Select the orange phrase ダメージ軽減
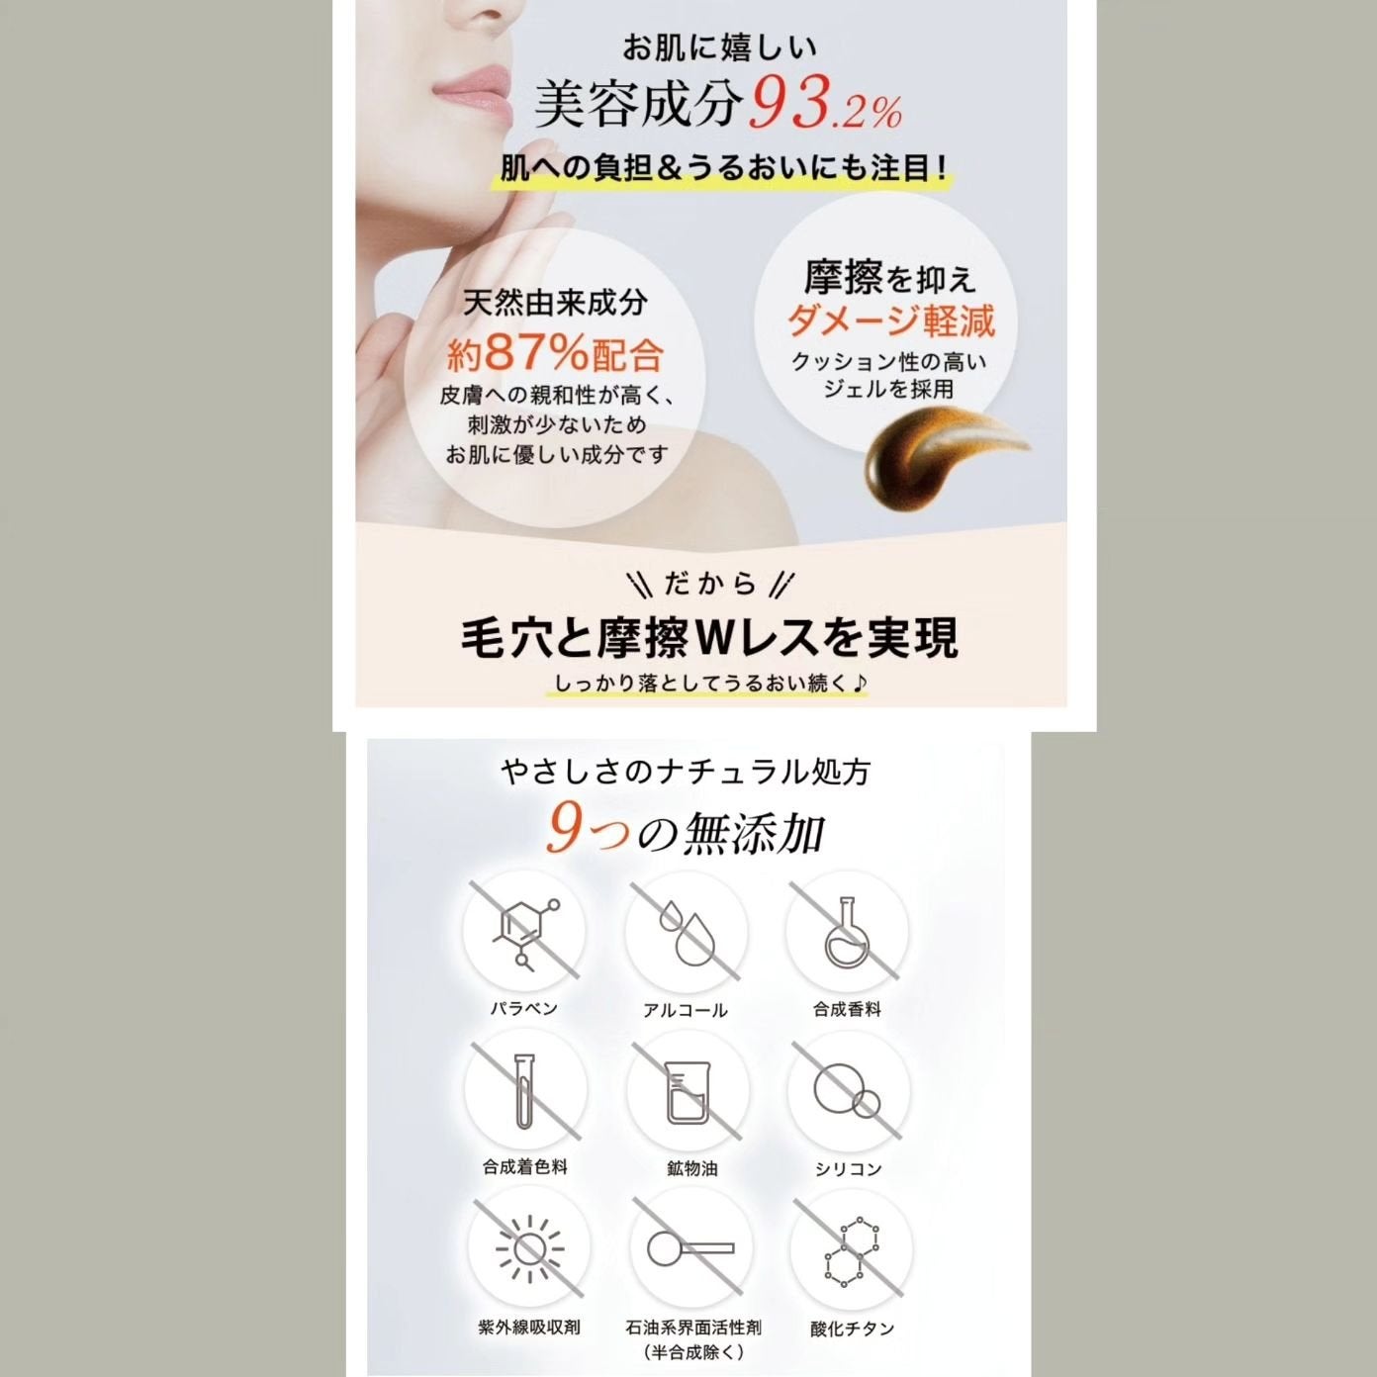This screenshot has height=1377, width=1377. click(x=890, y=321)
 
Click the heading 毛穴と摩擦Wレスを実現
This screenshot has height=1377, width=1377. click(x=709, y=638)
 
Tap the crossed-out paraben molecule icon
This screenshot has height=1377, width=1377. click(x=524, y=931)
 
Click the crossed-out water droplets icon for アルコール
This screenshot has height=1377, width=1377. click(x=686, y=932)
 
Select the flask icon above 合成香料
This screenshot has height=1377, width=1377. click(x=847, y=932)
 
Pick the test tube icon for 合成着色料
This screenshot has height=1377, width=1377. click(x=524, y=1092)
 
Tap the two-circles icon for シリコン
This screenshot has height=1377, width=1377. click(x=847, y=1092)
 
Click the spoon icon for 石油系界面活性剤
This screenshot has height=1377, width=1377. click(x=689, y=1248)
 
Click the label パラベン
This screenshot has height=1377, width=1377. click(x=524, y=1008)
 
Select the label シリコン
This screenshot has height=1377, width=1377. click(x=848, y=1168)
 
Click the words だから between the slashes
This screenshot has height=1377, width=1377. click(x=710, y=585)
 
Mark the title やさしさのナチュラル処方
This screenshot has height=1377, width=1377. click(x=685, y=772)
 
